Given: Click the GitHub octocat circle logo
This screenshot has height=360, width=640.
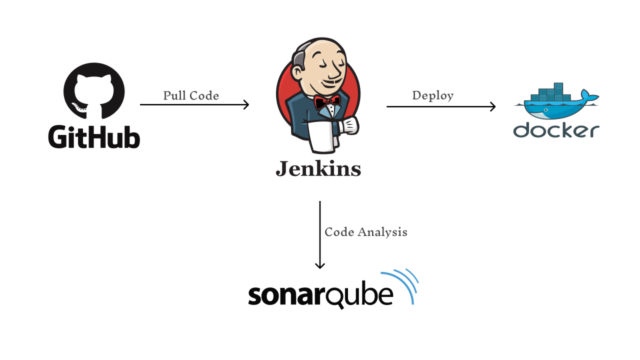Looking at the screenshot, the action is tap(94, 93).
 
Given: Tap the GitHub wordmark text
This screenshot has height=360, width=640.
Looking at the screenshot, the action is tap(94, 136).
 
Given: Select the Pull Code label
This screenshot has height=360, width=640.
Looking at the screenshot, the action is tap(191, 95).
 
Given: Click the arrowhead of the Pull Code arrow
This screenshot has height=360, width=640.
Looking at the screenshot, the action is tap(246, 104).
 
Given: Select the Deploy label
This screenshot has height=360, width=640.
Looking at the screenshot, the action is tap(433, 95).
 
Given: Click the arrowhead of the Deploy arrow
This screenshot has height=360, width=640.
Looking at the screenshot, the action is tap(493, 106).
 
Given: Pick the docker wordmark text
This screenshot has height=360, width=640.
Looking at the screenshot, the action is tap(556, 130).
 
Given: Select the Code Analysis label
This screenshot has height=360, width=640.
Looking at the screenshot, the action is tap(366, 232).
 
